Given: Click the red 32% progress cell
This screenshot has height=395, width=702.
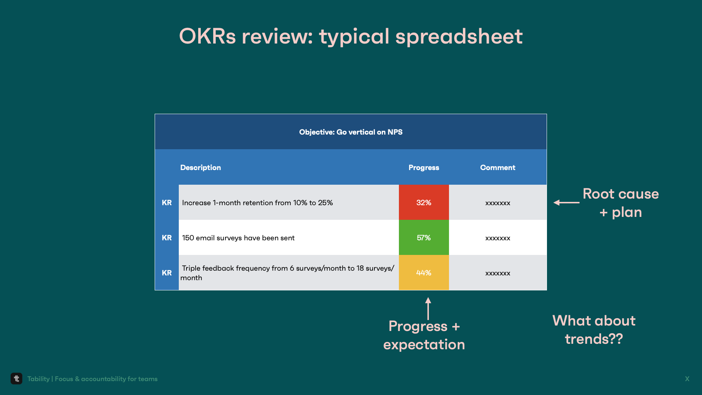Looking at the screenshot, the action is click(424, 202).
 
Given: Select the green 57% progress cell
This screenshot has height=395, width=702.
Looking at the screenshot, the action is click(424, 237).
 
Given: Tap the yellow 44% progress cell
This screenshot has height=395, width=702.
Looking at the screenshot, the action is click(424, 272).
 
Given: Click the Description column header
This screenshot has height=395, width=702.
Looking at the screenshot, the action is click(200, 168).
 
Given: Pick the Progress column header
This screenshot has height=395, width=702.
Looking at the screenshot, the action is click(424, 168).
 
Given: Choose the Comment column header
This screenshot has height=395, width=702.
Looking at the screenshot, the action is click(498, 168).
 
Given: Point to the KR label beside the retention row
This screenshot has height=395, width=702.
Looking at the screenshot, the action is click(167, 203).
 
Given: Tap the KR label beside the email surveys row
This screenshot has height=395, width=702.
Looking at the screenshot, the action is click(167, 238).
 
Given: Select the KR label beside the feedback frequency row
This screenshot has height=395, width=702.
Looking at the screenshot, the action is click(167, 273).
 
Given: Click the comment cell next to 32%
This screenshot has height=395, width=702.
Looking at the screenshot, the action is click(498, 202).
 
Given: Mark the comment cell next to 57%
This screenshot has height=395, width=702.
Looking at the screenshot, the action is click(498, 237).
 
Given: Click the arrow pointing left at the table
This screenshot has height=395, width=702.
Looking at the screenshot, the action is click(566, 202).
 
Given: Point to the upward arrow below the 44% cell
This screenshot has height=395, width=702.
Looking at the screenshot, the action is click(428, 309).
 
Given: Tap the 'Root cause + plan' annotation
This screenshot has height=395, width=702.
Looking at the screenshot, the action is click(621, 203).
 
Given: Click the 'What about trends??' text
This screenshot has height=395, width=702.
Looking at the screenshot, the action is click(594, 330).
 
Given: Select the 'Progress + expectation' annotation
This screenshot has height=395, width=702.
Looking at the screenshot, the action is click(424, 335).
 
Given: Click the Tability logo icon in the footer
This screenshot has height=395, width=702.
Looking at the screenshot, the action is click(16, 379).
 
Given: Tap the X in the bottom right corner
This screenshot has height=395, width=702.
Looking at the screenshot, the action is click(687, 379).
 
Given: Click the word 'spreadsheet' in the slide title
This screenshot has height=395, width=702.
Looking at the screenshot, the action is click(459, 36).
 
